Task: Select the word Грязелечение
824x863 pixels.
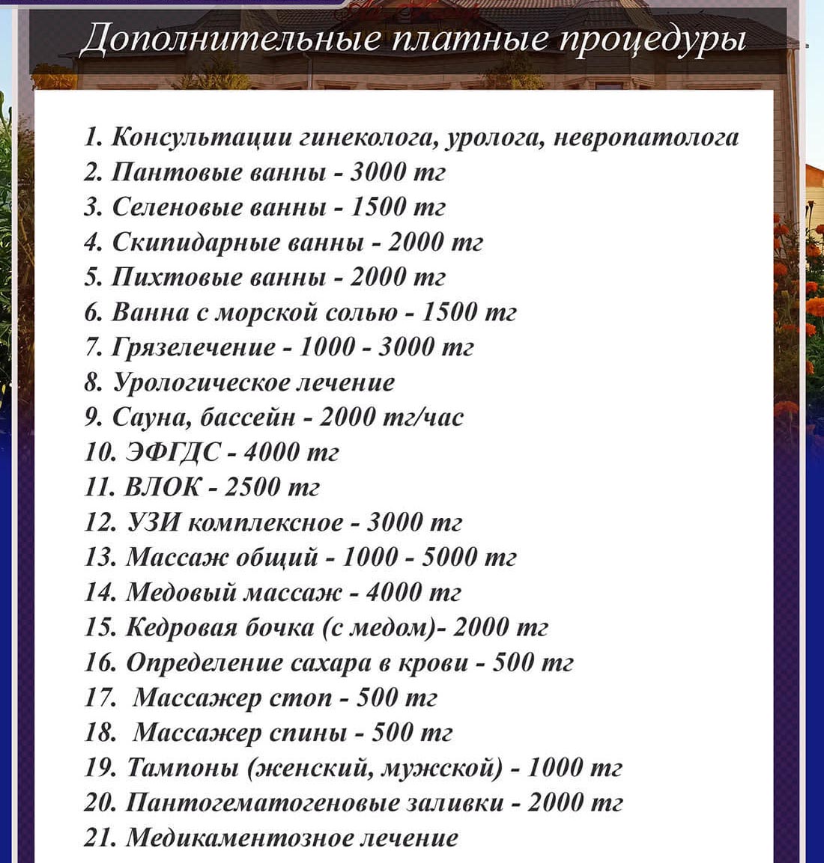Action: (193, 347)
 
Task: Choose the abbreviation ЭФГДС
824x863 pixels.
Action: (173, 452)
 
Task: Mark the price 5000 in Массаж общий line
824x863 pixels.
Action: (449, 557)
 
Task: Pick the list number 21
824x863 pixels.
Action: (99, 838)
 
